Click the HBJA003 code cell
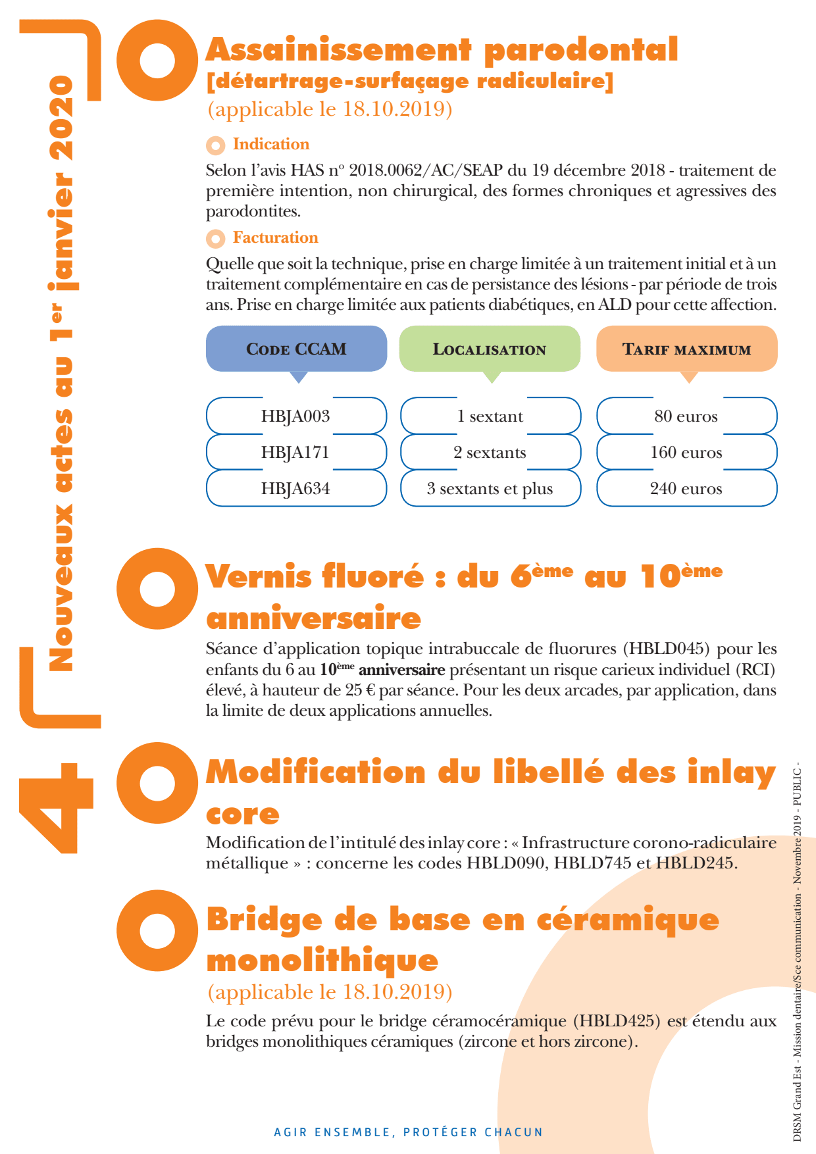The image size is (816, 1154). point(295,416)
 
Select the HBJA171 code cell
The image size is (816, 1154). point(295,452)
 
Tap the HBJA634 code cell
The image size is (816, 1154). point(295,488)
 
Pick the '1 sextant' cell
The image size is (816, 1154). point(490,416)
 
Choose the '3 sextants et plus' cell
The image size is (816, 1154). point(490,488)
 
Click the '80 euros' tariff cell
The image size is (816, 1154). point(686,416)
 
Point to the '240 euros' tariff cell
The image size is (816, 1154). point(686,488)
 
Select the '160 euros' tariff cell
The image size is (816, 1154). point(686,452)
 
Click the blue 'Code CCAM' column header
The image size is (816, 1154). point(296,349)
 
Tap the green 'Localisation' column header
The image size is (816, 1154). point(490,349)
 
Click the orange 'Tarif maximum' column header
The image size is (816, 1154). point(686,349)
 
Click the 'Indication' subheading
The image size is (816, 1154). point(270,144)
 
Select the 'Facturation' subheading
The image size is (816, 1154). point(275,238)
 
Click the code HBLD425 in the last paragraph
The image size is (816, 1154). point(617,1020)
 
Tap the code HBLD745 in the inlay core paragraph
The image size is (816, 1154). point(592,863)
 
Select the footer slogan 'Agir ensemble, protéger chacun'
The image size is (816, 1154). point(408,1132)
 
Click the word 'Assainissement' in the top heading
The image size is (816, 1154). point(339,50)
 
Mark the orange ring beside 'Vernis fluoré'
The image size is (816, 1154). point(157,588)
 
